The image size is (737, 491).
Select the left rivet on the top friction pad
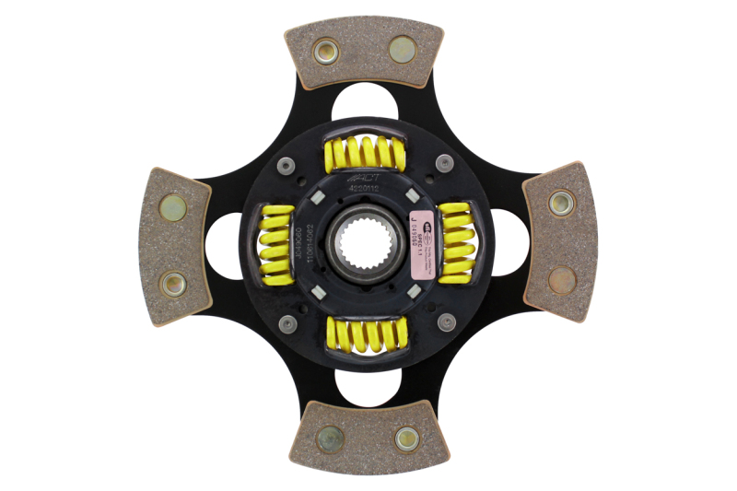[x=326, y=52]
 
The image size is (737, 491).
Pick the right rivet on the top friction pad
[x=403, y=49]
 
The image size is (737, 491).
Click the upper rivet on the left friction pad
[x=173, y=207]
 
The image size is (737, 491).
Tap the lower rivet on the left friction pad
[x=172, y=284]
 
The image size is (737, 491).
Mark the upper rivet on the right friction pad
[x=561, y=203]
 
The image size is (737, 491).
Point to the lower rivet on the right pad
[x=561, y=279]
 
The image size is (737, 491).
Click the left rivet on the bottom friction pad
[x=330, y=438]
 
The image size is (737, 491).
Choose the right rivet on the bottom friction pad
[x=406, y=438]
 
